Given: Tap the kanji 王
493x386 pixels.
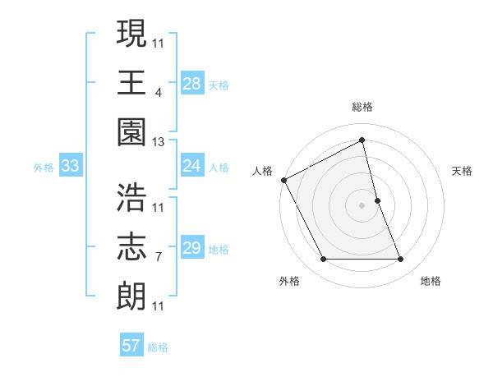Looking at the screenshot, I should tap(132, 81).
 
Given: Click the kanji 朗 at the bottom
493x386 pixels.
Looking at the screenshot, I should tap(132, 295).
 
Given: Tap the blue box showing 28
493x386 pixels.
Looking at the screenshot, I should tap(192, 84).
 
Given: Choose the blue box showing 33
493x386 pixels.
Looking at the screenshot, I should tap(70, 167).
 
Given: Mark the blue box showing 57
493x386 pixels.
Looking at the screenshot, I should tap(131, 346).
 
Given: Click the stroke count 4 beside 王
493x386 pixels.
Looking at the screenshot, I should tap(158, 92).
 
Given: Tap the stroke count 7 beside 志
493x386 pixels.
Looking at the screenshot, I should tap(158, 256).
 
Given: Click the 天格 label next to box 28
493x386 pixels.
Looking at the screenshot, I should tap(219, 85).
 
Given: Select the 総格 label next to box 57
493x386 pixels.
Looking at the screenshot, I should tap(158, 347).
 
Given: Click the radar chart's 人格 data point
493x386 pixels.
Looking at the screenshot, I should tap(284, 180).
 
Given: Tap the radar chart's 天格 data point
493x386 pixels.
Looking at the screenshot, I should tap(378, 200).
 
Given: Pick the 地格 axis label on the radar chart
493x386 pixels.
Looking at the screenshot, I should tap(431, 281).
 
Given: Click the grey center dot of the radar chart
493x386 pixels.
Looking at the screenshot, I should tap(362, 205).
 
